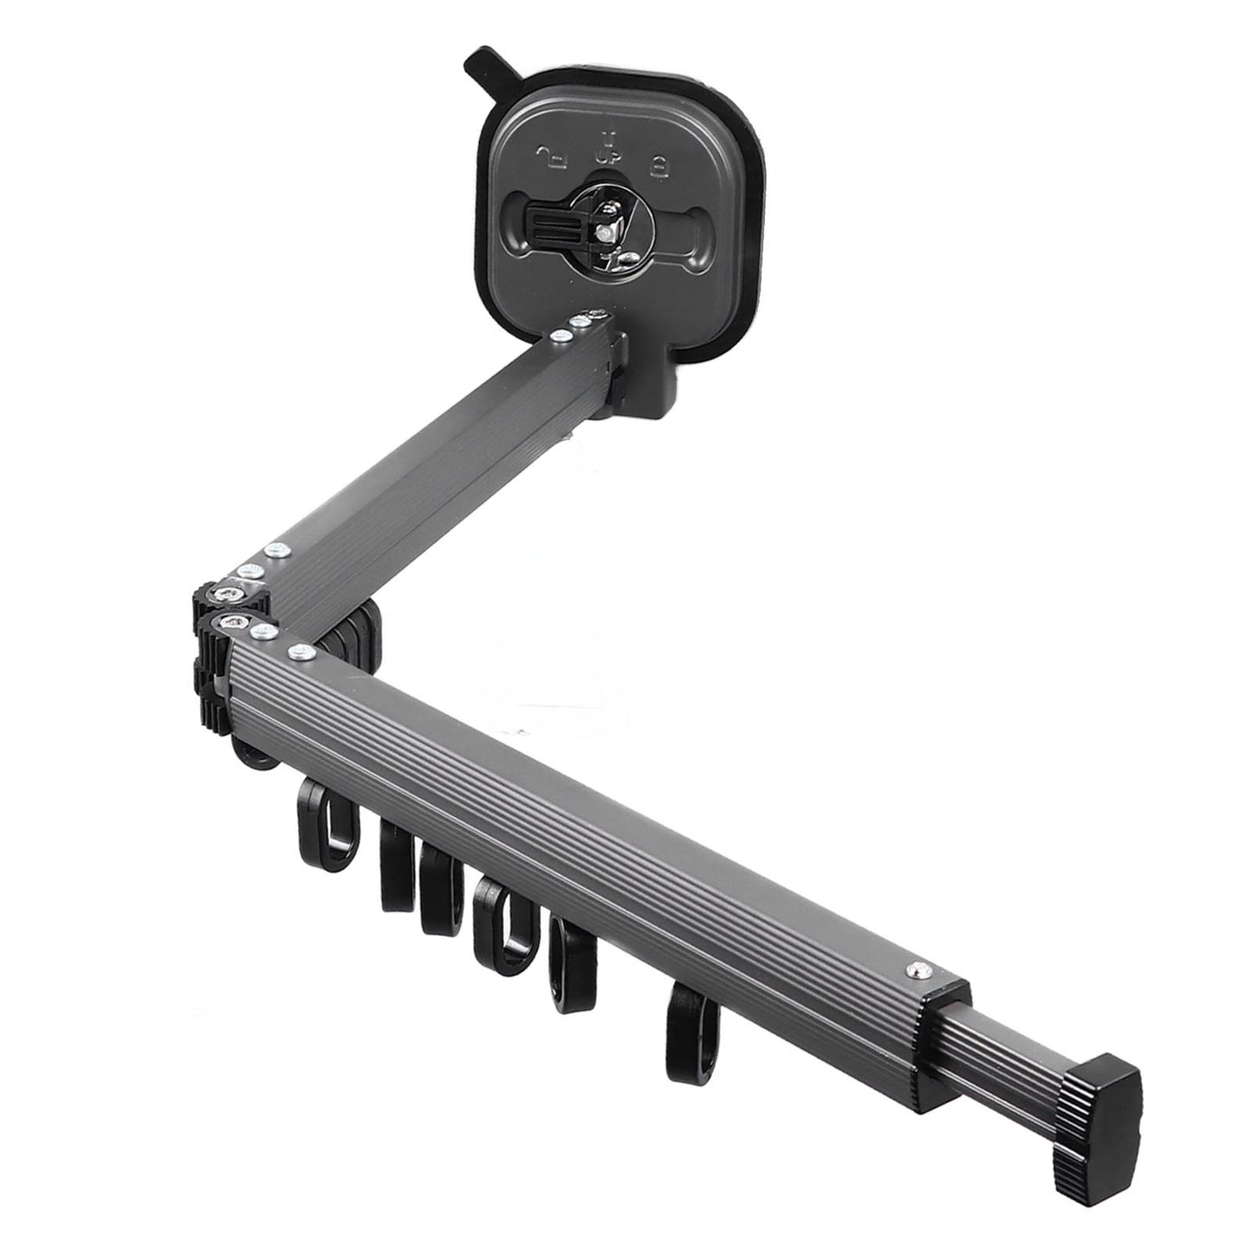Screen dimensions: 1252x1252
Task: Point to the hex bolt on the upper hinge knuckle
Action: pos(227,593)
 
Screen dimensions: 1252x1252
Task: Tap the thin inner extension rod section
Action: pos(1027,1045)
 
